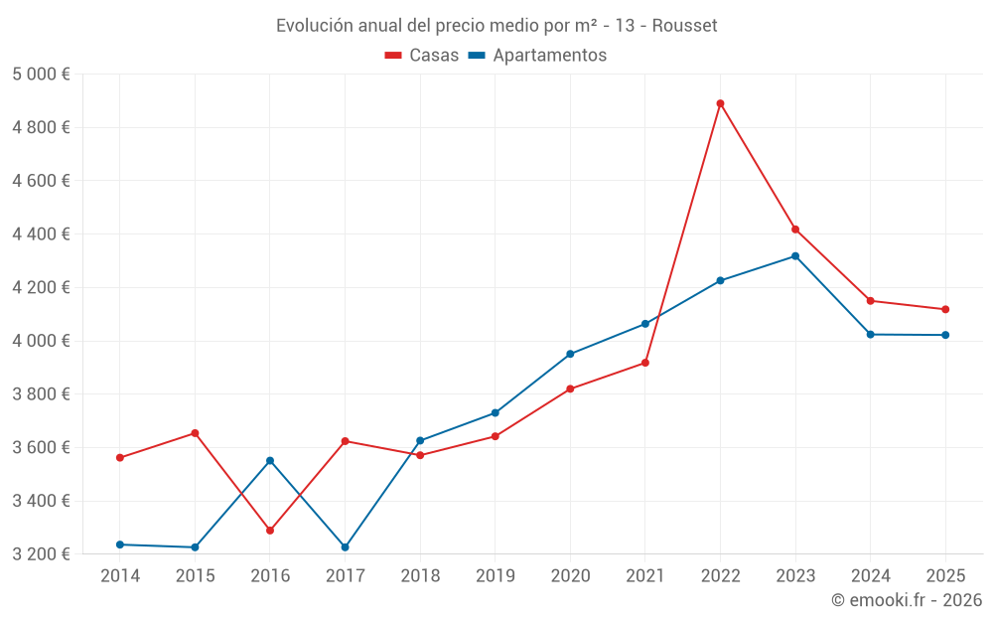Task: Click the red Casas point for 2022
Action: click(720, 103)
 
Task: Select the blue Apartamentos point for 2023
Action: click(795, 256)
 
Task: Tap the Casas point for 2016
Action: click(270, 531)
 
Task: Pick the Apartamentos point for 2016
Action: click(270, 461)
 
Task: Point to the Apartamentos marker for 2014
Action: click(120, 544)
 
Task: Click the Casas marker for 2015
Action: click(195, 433)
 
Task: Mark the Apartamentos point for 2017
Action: click(345, 547)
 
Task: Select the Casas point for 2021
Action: click(645, 363)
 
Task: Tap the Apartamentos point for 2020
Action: click(570, 354)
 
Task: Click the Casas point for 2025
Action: click(945, 309)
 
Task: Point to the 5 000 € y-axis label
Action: click(41, 75)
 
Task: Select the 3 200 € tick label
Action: click(41, 554)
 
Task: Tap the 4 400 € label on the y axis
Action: click(41, 234)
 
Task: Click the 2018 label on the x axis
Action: click(420, 575)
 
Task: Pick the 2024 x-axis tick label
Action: click(870, 575)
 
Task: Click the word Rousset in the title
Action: click(684, 26)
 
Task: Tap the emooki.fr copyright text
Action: click(907, 600)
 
